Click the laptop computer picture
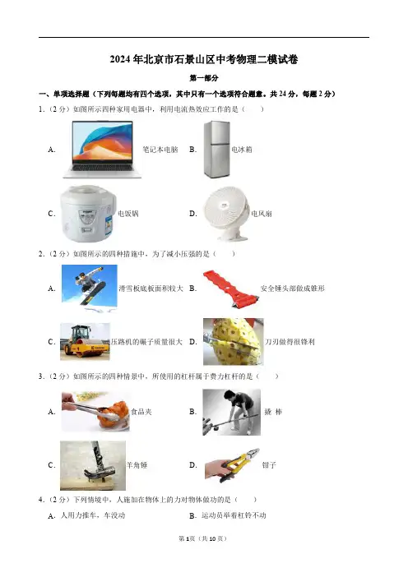pyautogui.click(x=102, y=149)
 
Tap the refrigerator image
pyautogui.click(x=217, y=149)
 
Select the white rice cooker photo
pyautogui.click(x=88, y=213)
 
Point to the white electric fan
pyautogui.click(x=226, y=213)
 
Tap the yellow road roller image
pyautogui.click(x=85, y=341)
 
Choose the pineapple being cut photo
pyautogui.click(x=233, y=341)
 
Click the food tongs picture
pyautogui.click(x=95, y=412)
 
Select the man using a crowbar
pyautogui.click(x=232, y=412)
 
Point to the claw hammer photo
pyautogui.click(x=93, y=465)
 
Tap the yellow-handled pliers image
pyautogui.click(x=232, y=464)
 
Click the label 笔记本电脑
pyautogui.click(x=160, y=150)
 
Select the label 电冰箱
pyautogui.click(x=242, y=150)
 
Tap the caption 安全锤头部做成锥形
pyautogui.click(x=292, y=288)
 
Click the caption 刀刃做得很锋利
pyautogui.click(x=290, y=342)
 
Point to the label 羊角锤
pyautogui.click(x=137, y=465)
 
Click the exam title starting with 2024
pyautogui.click(x=204, y=59)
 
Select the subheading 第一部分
pyautogui.click(x=204, y=78)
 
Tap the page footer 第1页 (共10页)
pyautogui.click(x=203, y=538)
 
